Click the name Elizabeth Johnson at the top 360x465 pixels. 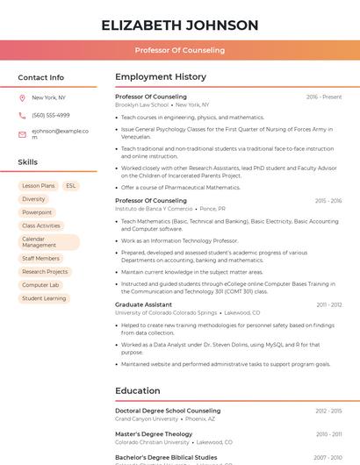[x=179, y=25]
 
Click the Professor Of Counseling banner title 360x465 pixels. [x=179, y=50]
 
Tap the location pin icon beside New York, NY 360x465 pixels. [x=22, y=97]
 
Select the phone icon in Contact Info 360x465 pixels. [x=22, y=115]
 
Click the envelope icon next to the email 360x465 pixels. [x=22, y=134]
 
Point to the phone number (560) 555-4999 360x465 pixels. [x=50, y=115]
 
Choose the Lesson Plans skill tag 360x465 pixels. [x=39, y=186]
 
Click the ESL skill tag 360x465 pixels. [x=70, y=186]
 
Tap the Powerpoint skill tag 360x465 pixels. [x=37, y=212]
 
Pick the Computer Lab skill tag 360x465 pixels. [x=40, y=285]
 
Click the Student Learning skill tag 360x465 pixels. [x=44, y=298]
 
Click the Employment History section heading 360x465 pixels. [x=161, y=77]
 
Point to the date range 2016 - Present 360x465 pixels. [x=324, y=97]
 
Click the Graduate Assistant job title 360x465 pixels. [x=143, y=304]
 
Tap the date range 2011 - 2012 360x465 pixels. [x=329, y=304]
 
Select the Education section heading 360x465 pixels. [x=138, y=391]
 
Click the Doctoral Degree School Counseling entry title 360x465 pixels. [x=168, y=411]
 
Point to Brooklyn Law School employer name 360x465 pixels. [x=141, y=104]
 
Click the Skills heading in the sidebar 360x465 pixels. [x=27, y=162]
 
